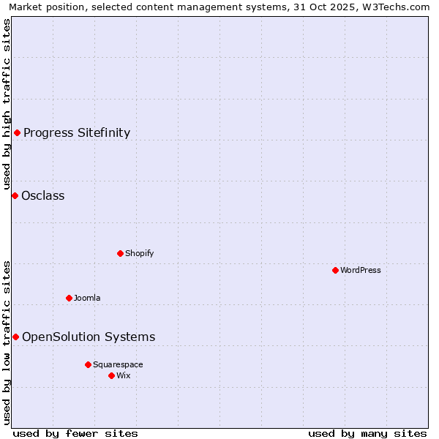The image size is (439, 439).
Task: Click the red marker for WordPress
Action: [x=336, y=270]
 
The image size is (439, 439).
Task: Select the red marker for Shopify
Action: [x=121, y=253]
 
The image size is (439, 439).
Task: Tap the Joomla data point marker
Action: [x=70, y=298]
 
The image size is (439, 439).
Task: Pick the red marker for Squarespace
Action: [x=89, y=364]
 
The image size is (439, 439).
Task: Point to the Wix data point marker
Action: [x=112, y=375]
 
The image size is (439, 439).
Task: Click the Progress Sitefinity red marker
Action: [x=18, y=132]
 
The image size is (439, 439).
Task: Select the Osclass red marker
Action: [x=15, y=195]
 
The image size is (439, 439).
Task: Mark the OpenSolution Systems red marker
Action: [x=16, y=337]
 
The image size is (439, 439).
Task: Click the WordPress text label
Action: [x=361, y=270]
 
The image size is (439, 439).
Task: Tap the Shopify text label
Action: [x=139, y=253]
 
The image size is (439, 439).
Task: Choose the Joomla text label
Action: [x=87, y=298]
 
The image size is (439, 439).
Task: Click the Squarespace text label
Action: [x=118, y=364]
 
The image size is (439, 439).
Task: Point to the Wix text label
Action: [x=124, y=375]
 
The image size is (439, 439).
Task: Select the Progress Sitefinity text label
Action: [x=77, y=132]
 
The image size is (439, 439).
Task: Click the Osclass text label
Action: [x=43, y=195]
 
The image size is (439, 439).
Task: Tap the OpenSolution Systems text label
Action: [x=89, y=337]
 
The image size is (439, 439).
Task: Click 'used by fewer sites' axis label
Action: [x=75, y=433]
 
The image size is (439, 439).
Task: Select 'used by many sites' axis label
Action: [x=367, y=433]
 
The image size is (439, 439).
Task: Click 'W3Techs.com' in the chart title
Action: [x=399, y=7]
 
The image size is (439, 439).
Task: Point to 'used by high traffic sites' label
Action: [x=7, y=102]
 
